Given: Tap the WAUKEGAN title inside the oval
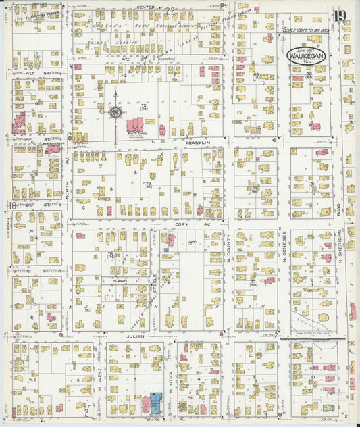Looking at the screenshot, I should click(307, 53).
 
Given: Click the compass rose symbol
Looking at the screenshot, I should click(115, 110).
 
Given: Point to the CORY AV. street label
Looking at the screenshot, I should click(184, 223).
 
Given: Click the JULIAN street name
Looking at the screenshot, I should click(135, 334).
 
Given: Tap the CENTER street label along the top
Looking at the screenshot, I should click(146, 7).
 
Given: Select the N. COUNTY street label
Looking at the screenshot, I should click(229, 247).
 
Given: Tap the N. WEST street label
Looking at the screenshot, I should click(100, 382).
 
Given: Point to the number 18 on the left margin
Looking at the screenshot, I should click(13, 205).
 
